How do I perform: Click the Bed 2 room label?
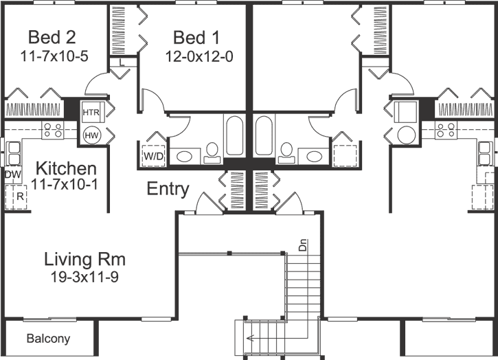[x=52, y=36]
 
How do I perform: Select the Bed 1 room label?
[x=199, y=36]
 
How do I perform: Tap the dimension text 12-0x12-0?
[x=199, y=56]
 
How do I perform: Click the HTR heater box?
[x=91, y=111]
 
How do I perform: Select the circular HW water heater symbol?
[x=91, y=135]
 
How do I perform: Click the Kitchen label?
[x=66, y=168]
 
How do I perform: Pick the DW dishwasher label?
[x=12, y=175]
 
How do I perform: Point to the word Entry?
[x=168, y=190]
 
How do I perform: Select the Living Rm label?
[x=84, y=260]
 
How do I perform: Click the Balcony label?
[x=48, y=339]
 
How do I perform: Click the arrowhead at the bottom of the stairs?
[x=249, y=337]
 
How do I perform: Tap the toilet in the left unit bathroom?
[x=212, y=152]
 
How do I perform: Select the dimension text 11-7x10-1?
[x=66, y=184]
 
